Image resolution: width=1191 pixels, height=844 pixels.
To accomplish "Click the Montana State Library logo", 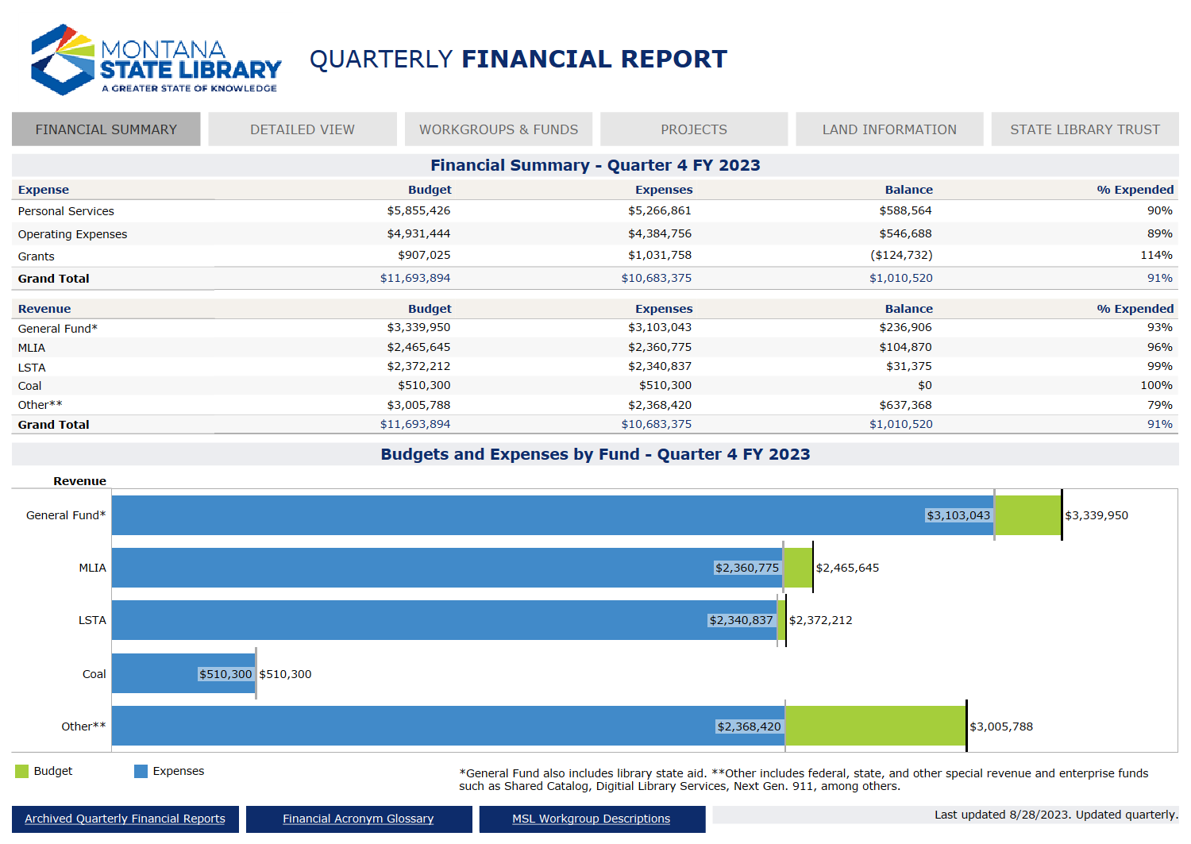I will coord(156,60).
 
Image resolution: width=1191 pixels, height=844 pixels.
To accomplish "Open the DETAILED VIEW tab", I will coord(303,129).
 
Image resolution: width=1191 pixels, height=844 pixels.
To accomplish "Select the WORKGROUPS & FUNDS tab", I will coord(499,129).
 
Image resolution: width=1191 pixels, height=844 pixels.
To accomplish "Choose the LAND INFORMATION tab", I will coord(889,129).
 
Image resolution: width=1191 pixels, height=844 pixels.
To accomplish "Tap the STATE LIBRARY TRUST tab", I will coord(1085,129).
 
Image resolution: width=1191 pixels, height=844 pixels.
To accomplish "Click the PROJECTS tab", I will coord(694,129).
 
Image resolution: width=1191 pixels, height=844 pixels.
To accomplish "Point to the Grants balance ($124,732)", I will coord(901,256).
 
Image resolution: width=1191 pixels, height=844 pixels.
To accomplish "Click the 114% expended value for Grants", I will coord(1156,256).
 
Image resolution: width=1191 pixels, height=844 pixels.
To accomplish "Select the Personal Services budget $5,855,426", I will coord(418,210).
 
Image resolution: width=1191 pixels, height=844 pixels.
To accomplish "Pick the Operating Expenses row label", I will coord(72,234).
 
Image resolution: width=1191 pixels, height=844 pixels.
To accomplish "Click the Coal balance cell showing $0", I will coord(924,385).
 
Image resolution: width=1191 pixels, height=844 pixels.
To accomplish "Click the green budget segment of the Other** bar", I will coord(875,726).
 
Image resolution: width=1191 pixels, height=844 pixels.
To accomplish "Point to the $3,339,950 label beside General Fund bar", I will coord(1097,515).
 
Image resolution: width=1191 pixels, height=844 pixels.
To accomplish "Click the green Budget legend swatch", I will coord(22,771).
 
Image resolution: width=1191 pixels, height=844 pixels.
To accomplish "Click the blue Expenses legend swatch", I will coord(141,771).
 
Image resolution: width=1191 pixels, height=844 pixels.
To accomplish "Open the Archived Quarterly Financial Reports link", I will coord(125,819).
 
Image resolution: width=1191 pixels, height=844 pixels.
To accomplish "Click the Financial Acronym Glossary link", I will coord(358,819).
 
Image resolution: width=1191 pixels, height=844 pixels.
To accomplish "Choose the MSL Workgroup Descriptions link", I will coord(592,819).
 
